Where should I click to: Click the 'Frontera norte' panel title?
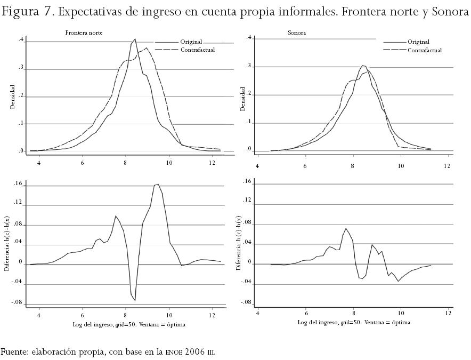coord(84,33)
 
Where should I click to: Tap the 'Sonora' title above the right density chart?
coord(296,33)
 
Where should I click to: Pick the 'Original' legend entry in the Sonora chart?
coord(418,42)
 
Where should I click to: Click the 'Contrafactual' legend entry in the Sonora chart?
coord(424,50)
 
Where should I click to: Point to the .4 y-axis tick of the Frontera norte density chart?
coord(21,40)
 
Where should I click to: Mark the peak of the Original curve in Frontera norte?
coord(135,39)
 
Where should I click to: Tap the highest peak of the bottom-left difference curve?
coord(158,184)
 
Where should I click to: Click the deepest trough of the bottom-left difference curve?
coord(135,300)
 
